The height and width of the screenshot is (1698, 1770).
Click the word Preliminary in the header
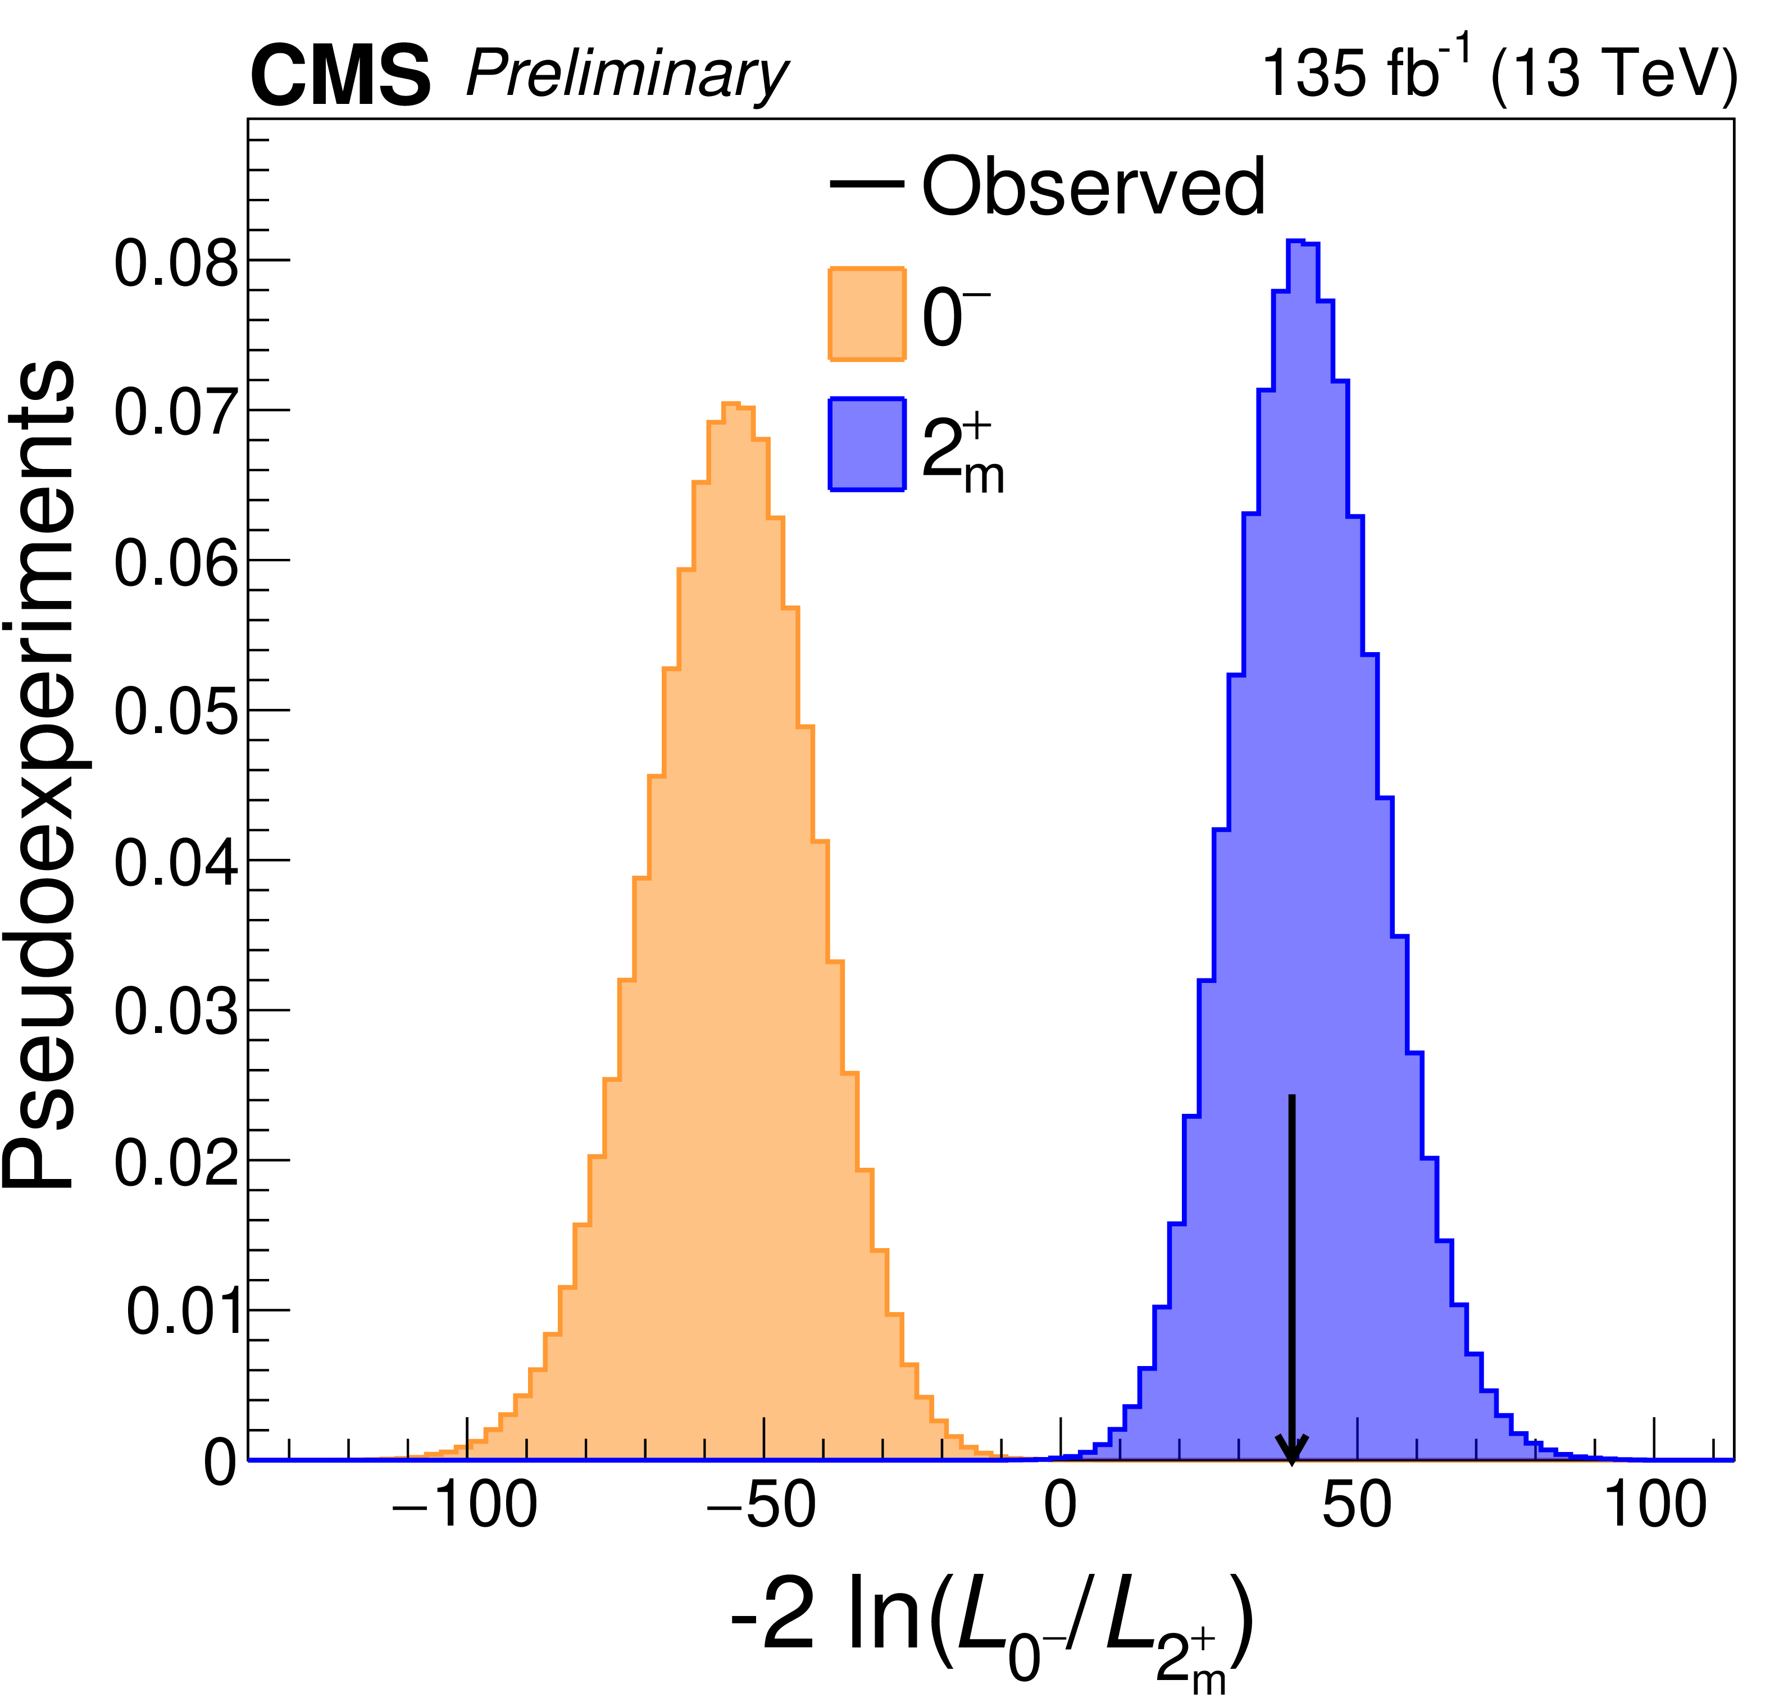tap(626, 75)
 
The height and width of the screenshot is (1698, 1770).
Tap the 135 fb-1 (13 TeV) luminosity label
tap(1497, 72)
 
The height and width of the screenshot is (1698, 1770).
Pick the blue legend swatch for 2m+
tap(867, 444)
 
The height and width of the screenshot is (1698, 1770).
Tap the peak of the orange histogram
tap(731, 404)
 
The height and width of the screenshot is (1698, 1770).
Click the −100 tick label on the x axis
tap(465, 1506)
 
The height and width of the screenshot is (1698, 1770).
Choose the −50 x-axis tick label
tap(762, 1506)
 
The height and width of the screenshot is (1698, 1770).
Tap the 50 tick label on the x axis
tap(1357, 1506)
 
